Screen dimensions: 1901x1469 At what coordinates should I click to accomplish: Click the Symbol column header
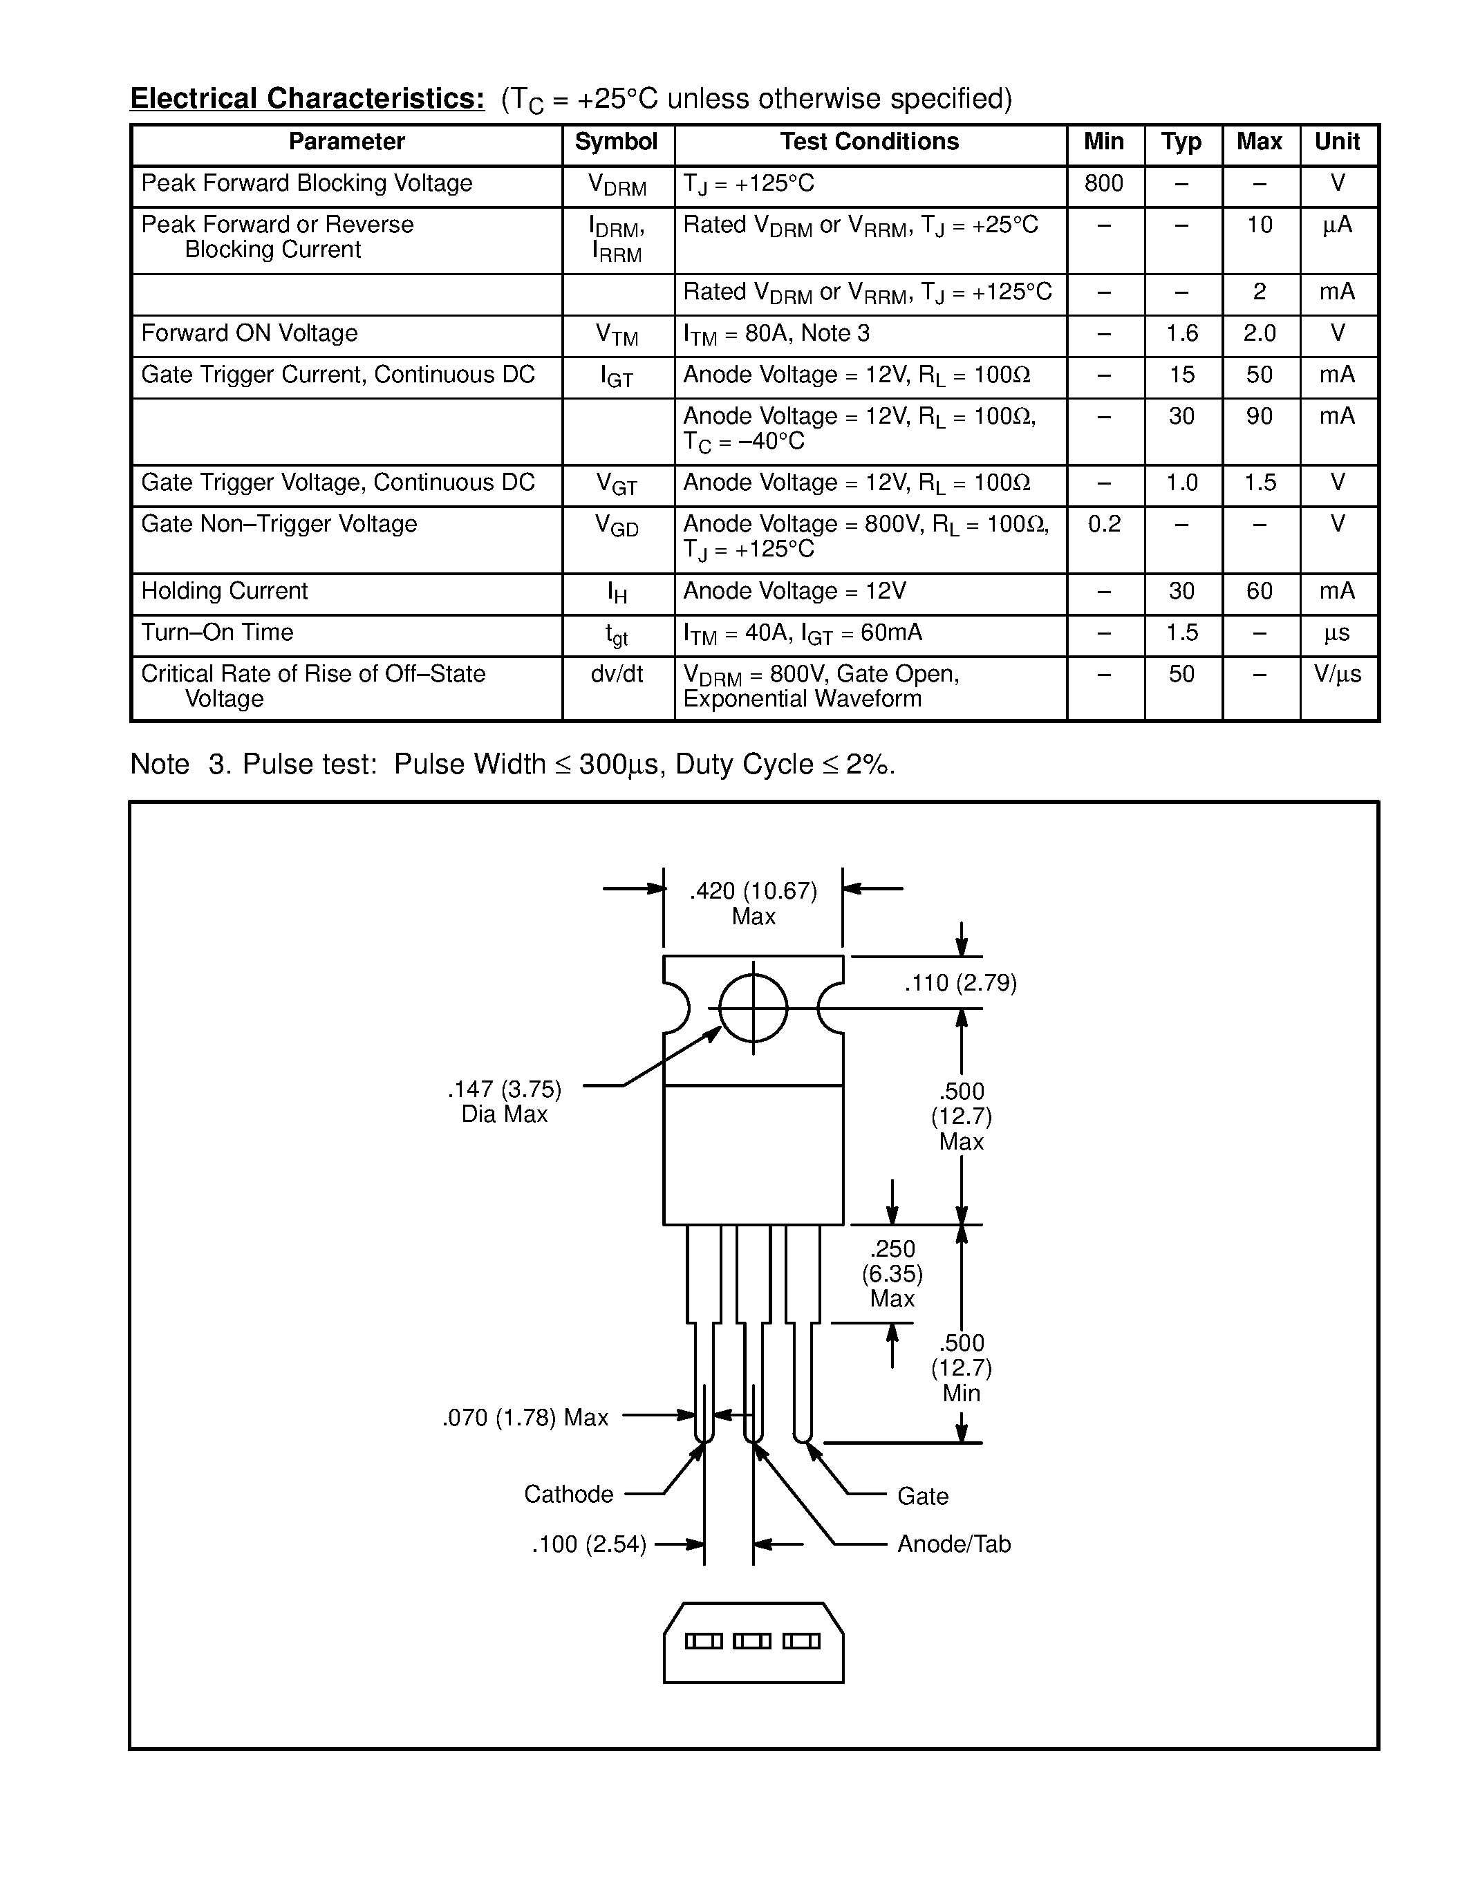pyautogui.click(x=616, y=142)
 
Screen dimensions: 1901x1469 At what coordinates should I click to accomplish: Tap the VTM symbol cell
pyautogui.click(x=616, y=335)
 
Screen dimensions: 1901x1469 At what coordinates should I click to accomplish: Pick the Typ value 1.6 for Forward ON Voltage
pyautogui.click(x=1182, y=333)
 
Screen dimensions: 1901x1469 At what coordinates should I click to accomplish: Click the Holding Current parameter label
pyautogui.click(x=225, y=591)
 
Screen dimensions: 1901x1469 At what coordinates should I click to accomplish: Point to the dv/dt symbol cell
pyautogui.click(x=616, y=674)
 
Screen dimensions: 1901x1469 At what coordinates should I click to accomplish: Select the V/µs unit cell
pyautogui.click(x=1338, y=674)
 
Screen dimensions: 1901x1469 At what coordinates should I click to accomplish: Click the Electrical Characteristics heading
pyautogui.click(x=307, y=98)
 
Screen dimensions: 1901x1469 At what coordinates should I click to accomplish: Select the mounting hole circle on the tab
pyautogui.click(x=753, y=1008)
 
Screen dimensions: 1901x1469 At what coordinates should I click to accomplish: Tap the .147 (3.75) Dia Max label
pyautogui.click(x=505, y=1101)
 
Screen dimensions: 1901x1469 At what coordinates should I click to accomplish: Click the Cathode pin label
pyautogui.click(x=568, y=1495)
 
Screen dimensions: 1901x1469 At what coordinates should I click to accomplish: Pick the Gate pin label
pyautogui.click(x=922, y=1496)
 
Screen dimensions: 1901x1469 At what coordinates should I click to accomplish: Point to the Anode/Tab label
pyautogui.click(x=954, y=1544)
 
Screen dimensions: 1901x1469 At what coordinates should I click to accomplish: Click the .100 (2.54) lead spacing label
pyautogui.click(x=589, y=1545)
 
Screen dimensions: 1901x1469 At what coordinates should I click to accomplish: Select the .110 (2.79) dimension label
pyautogui.click(x=960, y=984)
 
